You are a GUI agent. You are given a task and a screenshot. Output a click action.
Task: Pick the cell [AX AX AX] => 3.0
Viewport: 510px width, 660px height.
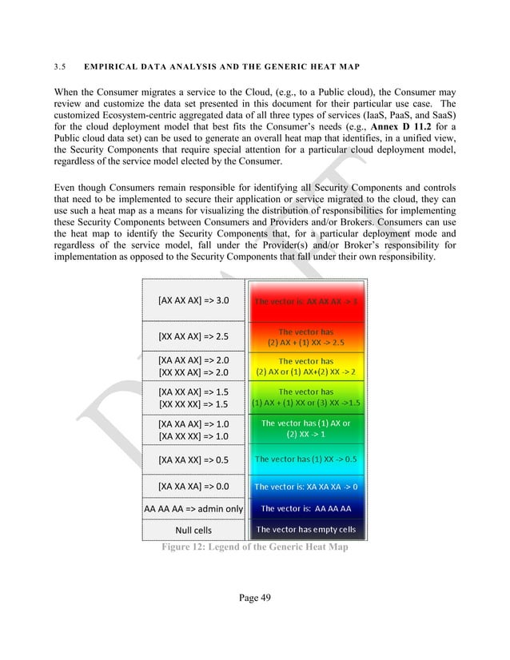coord(193,300)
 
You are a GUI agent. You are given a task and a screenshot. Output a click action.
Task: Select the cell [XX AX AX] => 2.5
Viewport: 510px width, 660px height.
coord(193,336)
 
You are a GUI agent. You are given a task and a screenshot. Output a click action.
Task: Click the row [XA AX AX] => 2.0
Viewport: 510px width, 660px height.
coord(193,360)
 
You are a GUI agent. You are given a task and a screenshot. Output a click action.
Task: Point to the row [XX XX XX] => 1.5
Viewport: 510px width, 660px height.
coord(193,404)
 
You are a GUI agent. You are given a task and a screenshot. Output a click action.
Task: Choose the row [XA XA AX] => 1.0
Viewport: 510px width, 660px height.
coord(193,424)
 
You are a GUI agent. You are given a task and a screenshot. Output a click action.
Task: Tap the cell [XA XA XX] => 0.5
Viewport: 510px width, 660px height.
coord(193,459)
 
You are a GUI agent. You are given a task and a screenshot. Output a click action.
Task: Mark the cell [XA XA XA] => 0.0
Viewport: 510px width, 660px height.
coord(193,486)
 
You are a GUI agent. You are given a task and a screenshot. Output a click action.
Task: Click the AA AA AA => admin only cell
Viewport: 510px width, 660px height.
coord(193,508)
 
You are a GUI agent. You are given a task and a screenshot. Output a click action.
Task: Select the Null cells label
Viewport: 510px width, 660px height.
coord(193,530)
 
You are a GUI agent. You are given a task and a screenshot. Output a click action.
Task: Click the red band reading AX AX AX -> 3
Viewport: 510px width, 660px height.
coord(306,301)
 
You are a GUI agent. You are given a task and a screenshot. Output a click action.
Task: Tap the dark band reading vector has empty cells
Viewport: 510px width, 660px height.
coord(306,529)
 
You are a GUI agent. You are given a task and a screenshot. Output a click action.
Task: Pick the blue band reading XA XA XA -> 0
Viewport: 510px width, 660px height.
coord(306,486)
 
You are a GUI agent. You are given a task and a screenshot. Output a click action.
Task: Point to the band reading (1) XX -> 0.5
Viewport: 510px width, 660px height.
coord(306,459)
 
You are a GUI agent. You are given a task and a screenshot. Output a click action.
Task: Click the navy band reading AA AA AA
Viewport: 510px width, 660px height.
coord(306,508)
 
